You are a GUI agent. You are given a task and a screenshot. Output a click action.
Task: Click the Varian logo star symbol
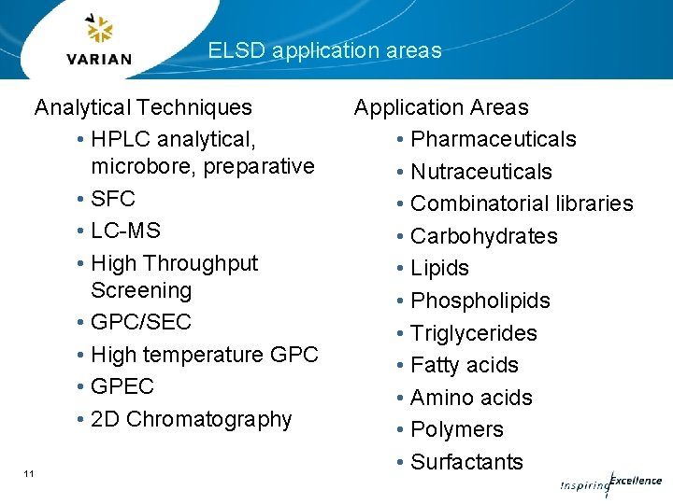pos(98,30)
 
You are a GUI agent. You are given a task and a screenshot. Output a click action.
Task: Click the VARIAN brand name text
pos(99,59)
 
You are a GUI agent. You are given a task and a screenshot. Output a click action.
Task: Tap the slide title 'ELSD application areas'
pos(324,50)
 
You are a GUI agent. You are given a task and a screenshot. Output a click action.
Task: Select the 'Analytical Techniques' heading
pos(143,107)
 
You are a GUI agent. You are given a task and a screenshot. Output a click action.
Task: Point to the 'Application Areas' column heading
pos(441,108)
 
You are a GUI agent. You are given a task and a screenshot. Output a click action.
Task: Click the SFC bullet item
pos(113,199)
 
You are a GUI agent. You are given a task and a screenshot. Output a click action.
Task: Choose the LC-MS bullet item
pos(125,231)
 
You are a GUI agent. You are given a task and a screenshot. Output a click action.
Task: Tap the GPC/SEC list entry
pos(141,322)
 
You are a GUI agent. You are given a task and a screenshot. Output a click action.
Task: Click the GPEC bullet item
pos(122,386)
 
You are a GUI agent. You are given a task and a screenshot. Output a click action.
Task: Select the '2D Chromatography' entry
pos(192,419)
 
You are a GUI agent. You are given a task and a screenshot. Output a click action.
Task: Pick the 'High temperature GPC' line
pos(205,355)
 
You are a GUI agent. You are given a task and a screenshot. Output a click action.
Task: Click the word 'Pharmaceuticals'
pos(494,140)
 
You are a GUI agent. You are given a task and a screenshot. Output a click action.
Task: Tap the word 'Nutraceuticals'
pos(481,172)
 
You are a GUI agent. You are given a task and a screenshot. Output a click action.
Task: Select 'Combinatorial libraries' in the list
pos(522,203)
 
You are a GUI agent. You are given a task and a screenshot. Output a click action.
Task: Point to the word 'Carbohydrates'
pos(484,236)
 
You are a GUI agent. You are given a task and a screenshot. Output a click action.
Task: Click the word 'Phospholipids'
pos(480,301)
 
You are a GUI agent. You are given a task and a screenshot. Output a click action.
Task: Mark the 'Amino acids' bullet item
pos(471,398)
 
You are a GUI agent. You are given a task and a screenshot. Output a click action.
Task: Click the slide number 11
pos(29,474)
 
